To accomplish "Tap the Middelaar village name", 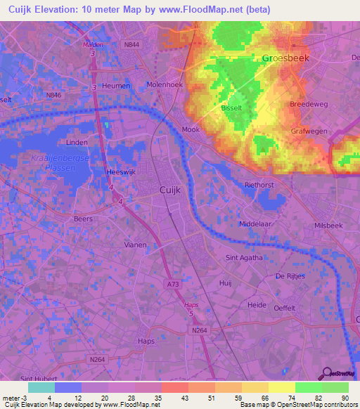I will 254,223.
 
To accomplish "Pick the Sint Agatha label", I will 243,258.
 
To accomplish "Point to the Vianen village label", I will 135,245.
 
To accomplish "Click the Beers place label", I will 83,219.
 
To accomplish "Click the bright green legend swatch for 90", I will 335,387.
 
